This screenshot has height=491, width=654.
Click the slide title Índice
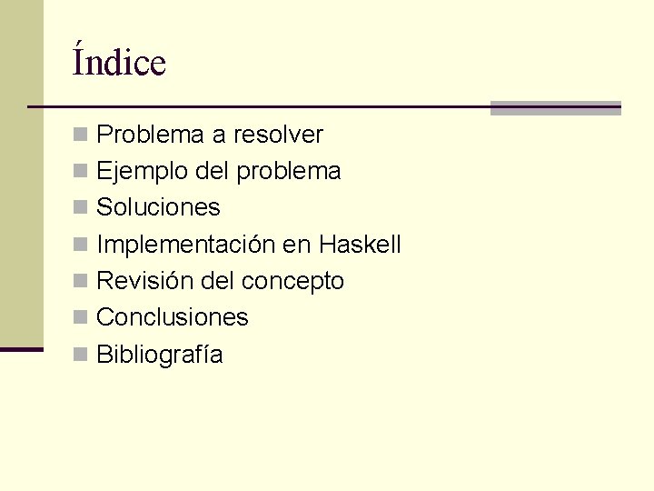tap(119, 63)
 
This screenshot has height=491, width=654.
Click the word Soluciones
tap(158, 207)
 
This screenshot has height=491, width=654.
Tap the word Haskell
tap(360, 245)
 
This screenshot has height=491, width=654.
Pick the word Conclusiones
tap(172, 317)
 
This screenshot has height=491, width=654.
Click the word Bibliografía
tap(159, 355)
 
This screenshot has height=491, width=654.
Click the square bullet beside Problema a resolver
tap(80, 135)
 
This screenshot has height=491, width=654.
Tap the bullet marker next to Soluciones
tap(80, 208)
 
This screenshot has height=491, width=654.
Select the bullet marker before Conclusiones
tap(80, 318)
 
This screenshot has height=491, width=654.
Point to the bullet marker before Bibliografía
tap(80, 355)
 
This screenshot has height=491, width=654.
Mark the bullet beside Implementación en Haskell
tap(80, 245)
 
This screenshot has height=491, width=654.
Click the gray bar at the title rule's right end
tap(555, 108)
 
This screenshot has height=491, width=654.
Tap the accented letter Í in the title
tap(79, 61)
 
